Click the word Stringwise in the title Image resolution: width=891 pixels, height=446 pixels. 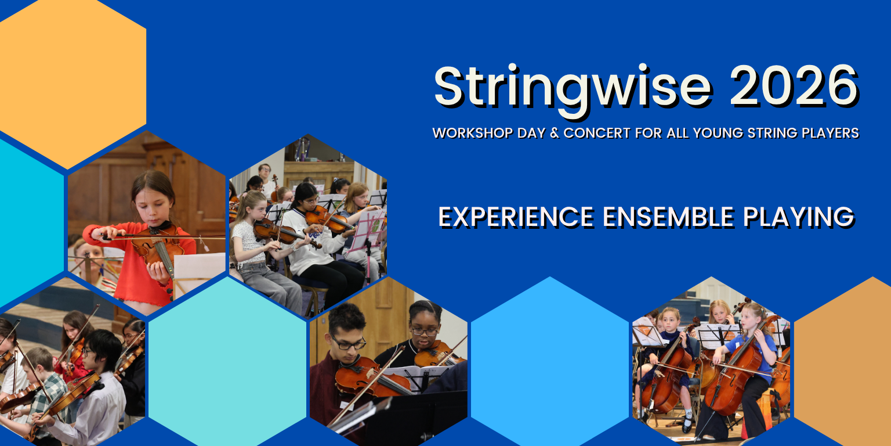pyautogui.click(x=573, y=90)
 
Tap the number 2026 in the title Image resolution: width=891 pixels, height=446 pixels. pyautogui.click(x=794, y=85)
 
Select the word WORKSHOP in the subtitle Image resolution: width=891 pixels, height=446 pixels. pyautogui.click(x=473, y=132)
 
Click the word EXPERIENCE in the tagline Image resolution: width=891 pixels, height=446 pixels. pyautogui.click(x=516, y=217)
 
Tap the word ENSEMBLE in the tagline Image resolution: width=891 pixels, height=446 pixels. pyautogui.click(x=668, y=217)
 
